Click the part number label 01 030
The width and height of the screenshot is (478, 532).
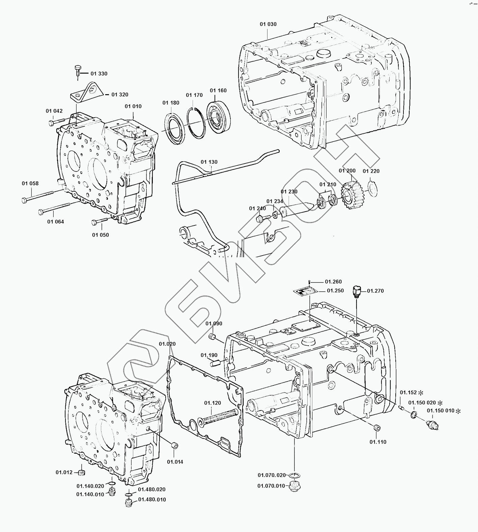pyautogui.click(x=268, y=24)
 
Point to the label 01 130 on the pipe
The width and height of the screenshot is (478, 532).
pyautogui.click(x=209, y=162)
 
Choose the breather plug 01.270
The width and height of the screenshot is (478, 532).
pyautogui.click(x=356, y=291)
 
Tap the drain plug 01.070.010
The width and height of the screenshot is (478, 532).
pyautogui.click(x=295, y=487)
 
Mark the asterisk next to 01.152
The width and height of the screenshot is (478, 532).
pyautogui.click(x=421, y=393)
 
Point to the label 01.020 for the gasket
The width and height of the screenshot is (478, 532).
pyautogui.click(x=167, y=344)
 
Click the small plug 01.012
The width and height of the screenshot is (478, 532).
pyautogui.click(x=81, y=473)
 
